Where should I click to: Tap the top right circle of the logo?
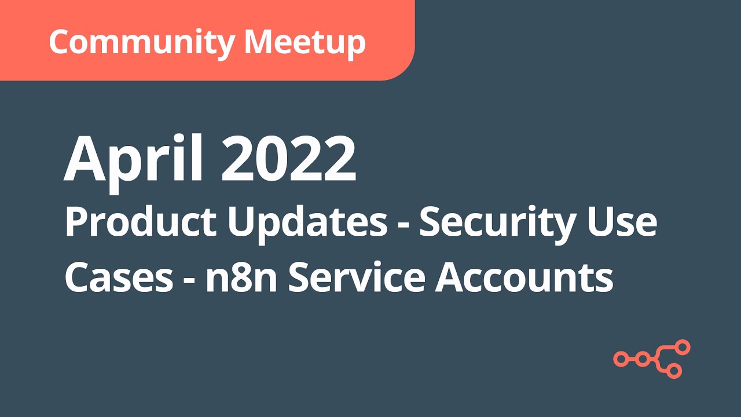pos(684,347)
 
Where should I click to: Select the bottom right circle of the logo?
pos(674,371)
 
